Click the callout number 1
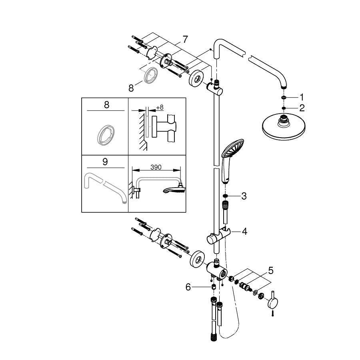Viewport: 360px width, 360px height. (302, 97)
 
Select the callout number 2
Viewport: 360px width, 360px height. (302, 108)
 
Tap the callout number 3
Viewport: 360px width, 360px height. (244, 196)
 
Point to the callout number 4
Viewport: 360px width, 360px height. (245, 232)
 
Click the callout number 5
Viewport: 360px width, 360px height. (271, 271)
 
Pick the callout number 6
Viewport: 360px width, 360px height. (188, 287)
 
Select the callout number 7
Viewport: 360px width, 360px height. (185, 39)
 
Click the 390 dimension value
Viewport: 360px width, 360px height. (156, 167)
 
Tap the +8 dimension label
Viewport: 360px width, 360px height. (160, 107)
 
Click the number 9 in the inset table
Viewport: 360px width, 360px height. (105, 162)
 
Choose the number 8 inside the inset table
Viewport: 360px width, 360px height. (106, 105)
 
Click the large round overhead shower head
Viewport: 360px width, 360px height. (284, 126)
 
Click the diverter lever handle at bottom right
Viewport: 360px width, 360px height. (273, 301)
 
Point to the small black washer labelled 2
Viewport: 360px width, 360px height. (284, 108)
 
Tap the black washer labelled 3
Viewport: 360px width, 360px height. (226, 196)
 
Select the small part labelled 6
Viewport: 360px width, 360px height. (213, 287)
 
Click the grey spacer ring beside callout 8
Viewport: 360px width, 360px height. (151, 75)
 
